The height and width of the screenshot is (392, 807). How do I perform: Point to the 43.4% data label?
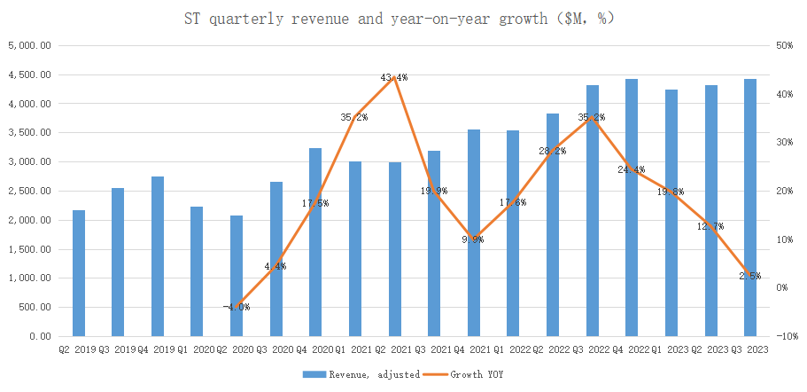point(394,78)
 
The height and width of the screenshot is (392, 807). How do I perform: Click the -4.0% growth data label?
point(237,307)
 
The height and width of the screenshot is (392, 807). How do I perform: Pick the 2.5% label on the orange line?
point(749,276)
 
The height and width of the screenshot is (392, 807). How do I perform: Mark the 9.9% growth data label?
point(473,239)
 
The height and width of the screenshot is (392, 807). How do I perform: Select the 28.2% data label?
point(552,151)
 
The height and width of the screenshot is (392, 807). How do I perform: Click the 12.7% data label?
point(710,226)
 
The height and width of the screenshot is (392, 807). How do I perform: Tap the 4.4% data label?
point(276,265)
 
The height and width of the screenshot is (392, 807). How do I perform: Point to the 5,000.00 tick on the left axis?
point(30,46)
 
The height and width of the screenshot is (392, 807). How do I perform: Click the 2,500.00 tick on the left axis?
point(30,192)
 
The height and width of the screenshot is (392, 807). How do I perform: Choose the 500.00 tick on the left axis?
point(35,308)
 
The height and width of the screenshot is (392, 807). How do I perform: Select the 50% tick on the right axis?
point(784,46)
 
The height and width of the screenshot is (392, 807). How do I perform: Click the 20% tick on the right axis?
point(784,192)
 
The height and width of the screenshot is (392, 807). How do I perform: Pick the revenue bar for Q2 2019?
point(79,273)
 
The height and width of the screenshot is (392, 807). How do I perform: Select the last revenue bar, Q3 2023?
point(749,208)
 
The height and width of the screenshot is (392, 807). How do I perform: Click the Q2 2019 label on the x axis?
point(79,349)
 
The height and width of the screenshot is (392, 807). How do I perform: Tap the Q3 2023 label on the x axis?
point(749,349)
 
